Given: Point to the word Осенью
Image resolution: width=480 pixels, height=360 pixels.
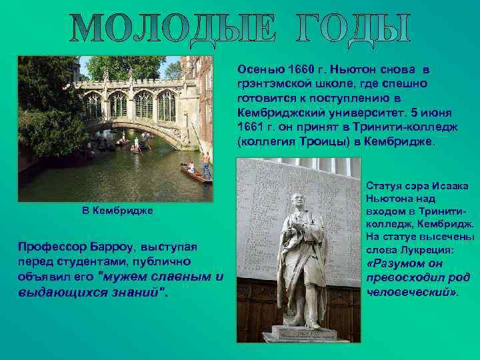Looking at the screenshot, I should pyautogui.click(x=254, y=69).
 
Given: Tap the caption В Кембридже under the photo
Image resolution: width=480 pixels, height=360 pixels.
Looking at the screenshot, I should pyautogui.click(x=117, y=211).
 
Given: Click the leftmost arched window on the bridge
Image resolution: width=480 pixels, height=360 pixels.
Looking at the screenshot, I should pyautogui.click(x=93, y=105).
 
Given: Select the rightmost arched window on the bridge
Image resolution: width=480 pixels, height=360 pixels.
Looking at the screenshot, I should pyautogui.click(x=166, y=105).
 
